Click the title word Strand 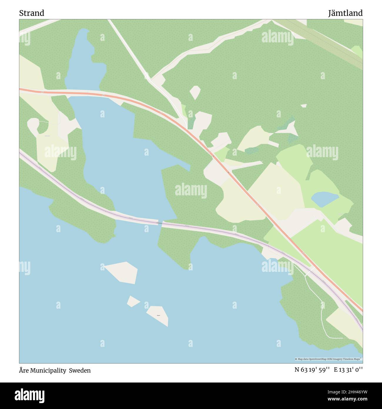[32, 13]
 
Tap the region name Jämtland [345, 13]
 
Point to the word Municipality [49, 370]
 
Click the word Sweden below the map [80, 370]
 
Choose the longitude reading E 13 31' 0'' [348, 370]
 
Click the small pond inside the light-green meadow [325, 199]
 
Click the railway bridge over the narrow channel [160, 223]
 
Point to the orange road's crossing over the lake [85, 94]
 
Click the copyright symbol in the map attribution [296, 359]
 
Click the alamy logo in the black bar [30, 395]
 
